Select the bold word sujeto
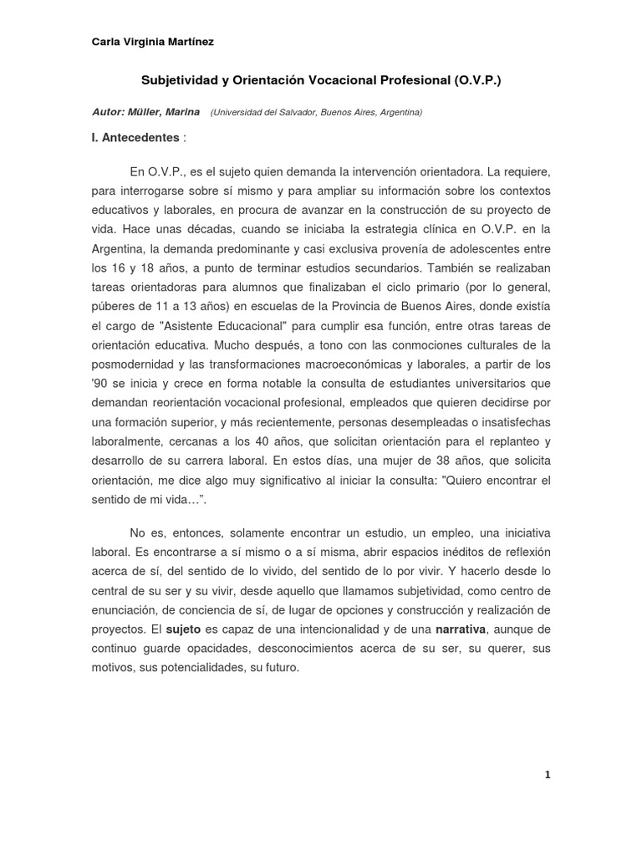tap(183, 629)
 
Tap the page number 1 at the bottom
tap(547, 775)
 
